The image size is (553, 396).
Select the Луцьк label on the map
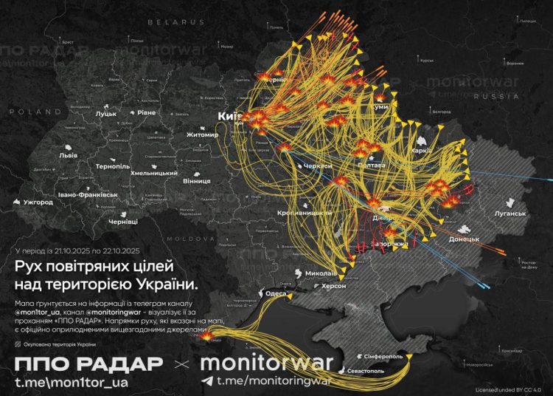pyautogui.click(x=105, y=115)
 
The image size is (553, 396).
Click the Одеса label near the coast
pyautogui.click(x=276, y=293)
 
